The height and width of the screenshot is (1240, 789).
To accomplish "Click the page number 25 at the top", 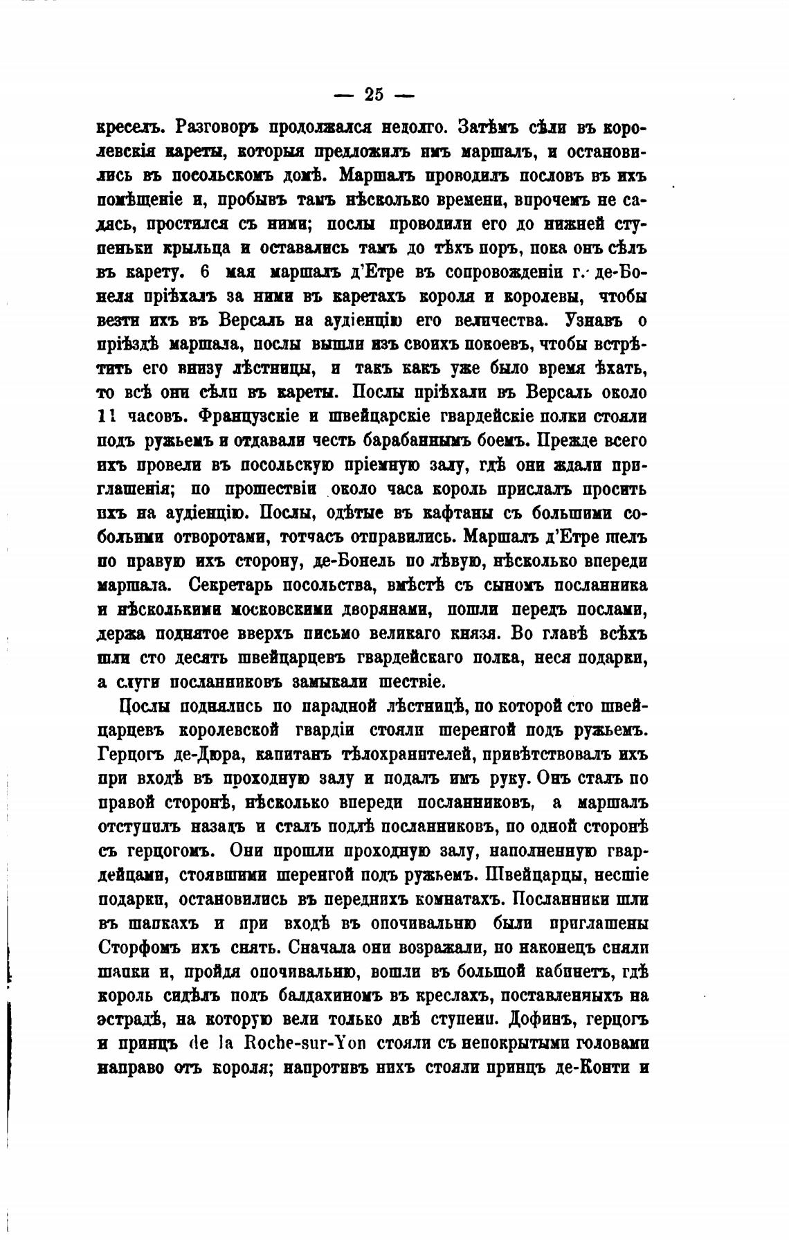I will click(373, 94).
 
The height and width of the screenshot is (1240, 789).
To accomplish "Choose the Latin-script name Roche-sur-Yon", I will click(307, 1043).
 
